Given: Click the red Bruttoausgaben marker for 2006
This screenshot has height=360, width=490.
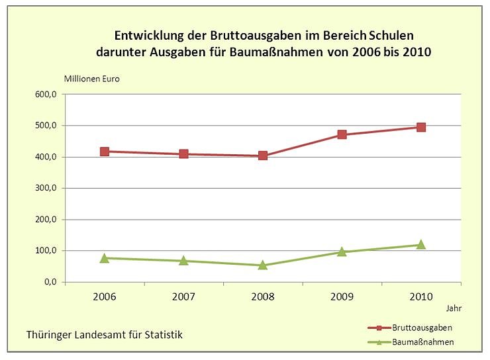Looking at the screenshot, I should pyautogui.click(x=105, y=152).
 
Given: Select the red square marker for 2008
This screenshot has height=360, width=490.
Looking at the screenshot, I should pyautogui.click(x=263, y=156).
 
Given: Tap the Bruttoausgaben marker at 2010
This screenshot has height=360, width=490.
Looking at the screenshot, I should pyautogui.click(x=421, y=127).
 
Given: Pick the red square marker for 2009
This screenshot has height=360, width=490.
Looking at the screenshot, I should pyautogui.click(x=342, y=134).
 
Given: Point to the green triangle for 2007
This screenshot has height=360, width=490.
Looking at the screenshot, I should pyautogui.click(x=183, y=260).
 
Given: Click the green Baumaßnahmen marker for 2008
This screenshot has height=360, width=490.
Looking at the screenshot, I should pyautogui.click(x=263, y=265).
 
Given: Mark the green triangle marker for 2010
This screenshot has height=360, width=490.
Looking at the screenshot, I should pyautogui.click(x=421, y=244).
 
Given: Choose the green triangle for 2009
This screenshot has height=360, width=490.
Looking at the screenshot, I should pyautogui.click(x=342, y=251).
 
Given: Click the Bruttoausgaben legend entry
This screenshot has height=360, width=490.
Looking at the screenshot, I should pyautogui.click(x=422, y=328).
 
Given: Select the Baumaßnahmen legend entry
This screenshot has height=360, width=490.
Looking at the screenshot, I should pyautogui.click(x=422, y=341).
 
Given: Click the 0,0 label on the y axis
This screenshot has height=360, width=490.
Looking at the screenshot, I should pyautogui.click(x=50, y=282).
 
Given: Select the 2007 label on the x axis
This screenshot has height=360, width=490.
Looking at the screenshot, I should pyautogui.click(x=183, y=296).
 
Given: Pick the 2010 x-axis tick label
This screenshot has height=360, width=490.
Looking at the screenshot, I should pyautogui.click(x=421, y=296).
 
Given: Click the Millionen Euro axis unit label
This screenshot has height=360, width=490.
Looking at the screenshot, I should pyautogui.click(x=91, y=78).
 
